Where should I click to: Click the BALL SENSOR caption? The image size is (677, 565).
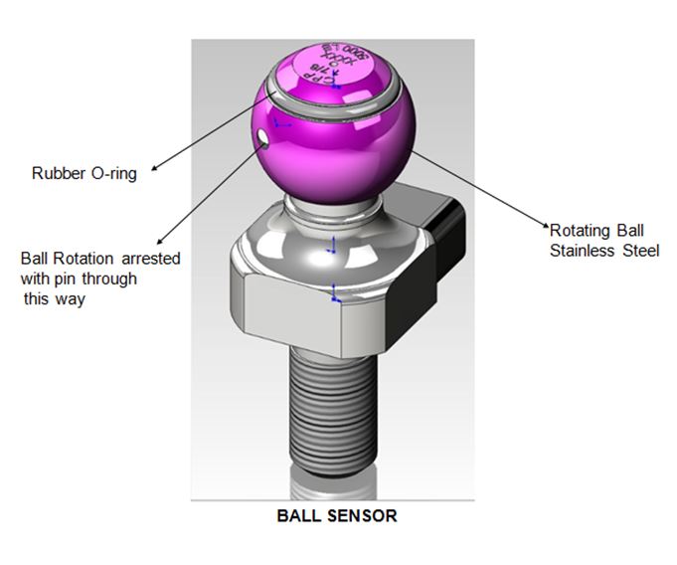pos(337,516)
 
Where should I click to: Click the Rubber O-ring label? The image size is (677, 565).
pos(84,174)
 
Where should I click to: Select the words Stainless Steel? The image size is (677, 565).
pos(604,251)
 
